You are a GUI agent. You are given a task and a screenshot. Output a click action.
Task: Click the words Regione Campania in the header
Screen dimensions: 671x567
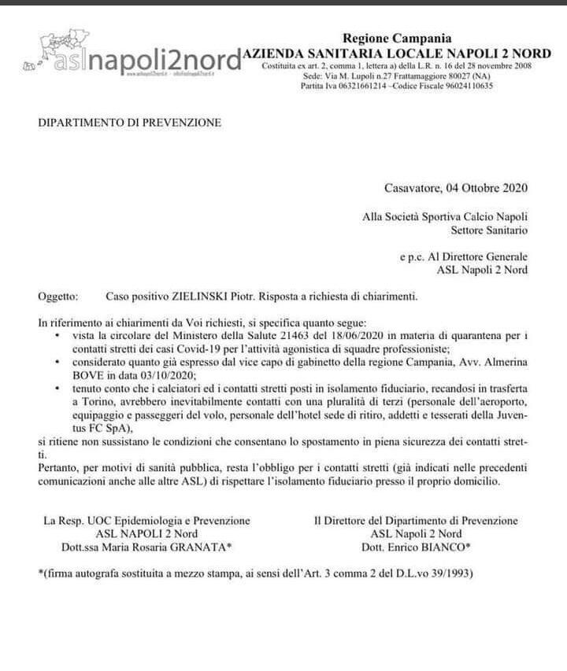(397, 38)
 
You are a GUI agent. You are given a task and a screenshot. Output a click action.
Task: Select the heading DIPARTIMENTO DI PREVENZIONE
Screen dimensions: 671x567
(130, 123)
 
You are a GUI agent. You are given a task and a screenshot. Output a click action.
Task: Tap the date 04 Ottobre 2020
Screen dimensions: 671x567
(487, 188)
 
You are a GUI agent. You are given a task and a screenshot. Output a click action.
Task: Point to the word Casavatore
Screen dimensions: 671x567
(413, 188)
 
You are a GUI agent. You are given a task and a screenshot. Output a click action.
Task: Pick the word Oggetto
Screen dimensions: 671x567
(57, 297)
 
